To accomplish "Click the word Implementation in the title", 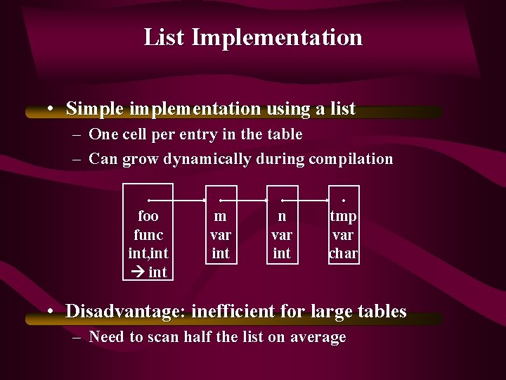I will [x=277, y=37].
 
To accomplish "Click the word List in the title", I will [x=164, y=37].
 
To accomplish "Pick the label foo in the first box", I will [x=148, y=216].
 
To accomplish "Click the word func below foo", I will [x=148, y=234].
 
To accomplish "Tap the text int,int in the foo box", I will [x=148, y=253].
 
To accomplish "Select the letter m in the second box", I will [x=221, y=216].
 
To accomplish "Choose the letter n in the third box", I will [x=282, y=216].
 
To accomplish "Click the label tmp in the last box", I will [x=344, y=216].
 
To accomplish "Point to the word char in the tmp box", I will [x=344, y=253].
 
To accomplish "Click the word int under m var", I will [x=221, y=253].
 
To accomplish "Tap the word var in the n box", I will [x=282, y=234].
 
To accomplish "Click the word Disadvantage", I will [x=126, y=311].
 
